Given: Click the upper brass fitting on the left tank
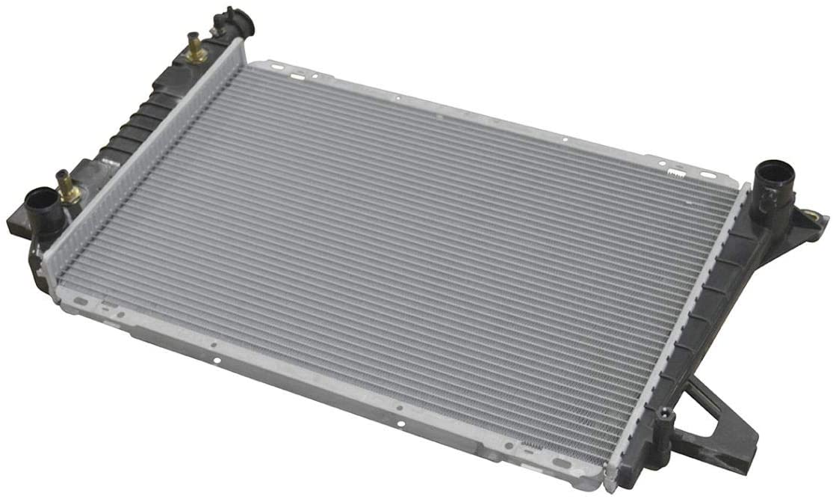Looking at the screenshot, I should [x=196, y=51].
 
